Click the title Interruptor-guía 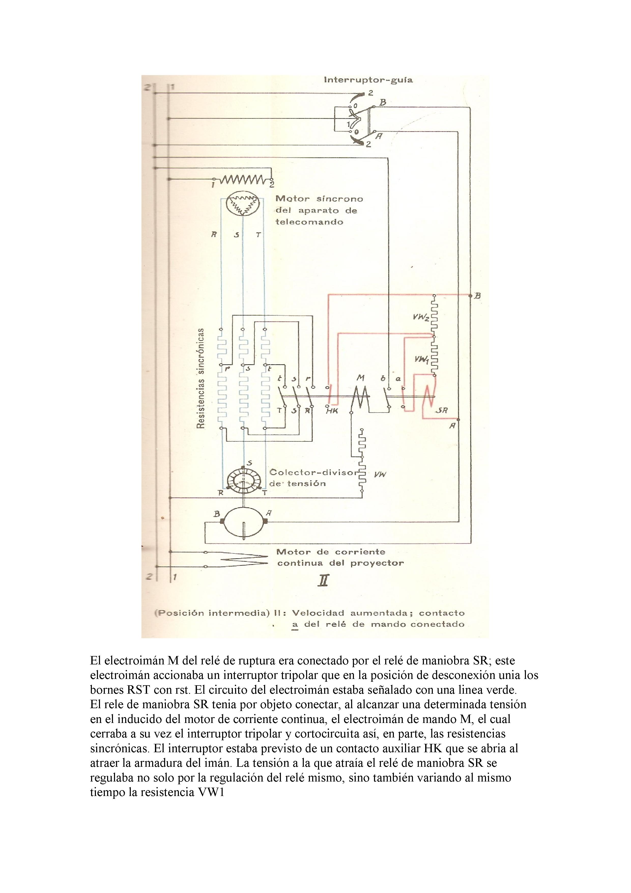click(x=368, y=80)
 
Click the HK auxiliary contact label click(x=332, y=411)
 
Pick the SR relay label click(x=442, y=411)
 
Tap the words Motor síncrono click(x=319, y=199)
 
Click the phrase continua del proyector click(x=340, y=563)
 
